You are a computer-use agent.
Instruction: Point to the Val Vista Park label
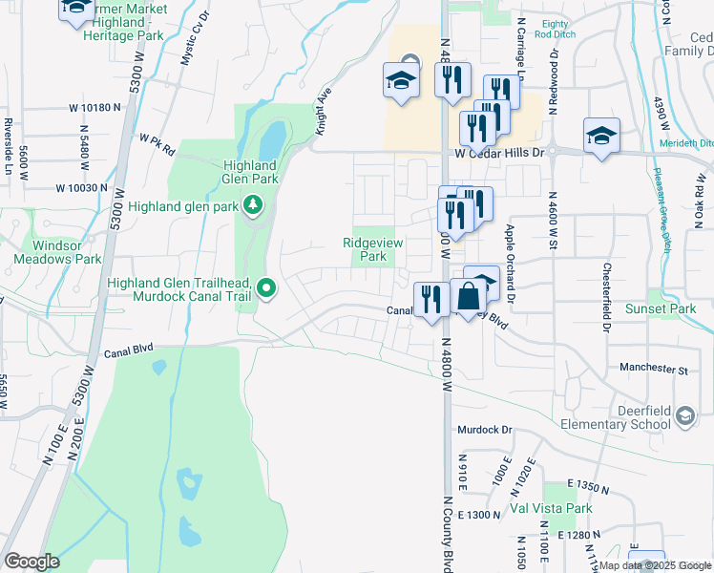pos(552,508)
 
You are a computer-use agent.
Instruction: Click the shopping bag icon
pos(469,297)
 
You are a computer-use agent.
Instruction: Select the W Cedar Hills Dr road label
pos(499,152)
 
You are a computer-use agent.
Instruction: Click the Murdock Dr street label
pos(485,431)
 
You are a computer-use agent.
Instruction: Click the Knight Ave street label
pos(325,109)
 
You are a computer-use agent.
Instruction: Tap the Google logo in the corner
pos(31,562)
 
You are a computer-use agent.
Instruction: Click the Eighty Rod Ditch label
pos(554,30)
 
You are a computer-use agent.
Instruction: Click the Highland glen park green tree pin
pos(251,204)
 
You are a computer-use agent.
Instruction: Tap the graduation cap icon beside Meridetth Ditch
pos(601,137)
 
